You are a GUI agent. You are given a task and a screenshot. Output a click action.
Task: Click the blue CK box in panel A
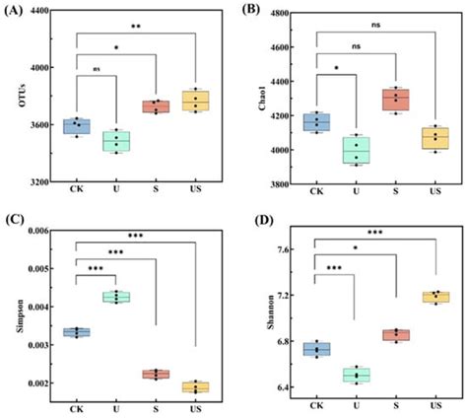[76, 125]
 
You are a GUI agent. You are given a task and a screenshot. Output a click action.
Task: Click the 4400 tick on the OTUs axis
[36, 12]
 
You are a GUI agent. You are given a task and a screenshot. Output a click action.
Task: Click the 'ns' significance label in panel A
[97, 68]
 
